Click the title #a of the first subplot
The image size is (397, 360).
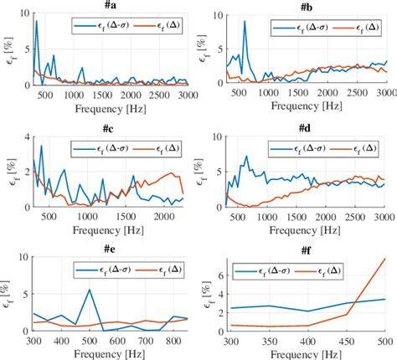pyautogui.click(x=112, y=6)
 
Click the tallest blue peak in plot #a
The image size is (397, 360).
pyautogui.click(x=36, y=22)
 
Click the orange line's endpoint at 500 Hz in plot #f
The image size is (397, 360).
pyautogui.click(x=384, y=259)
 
